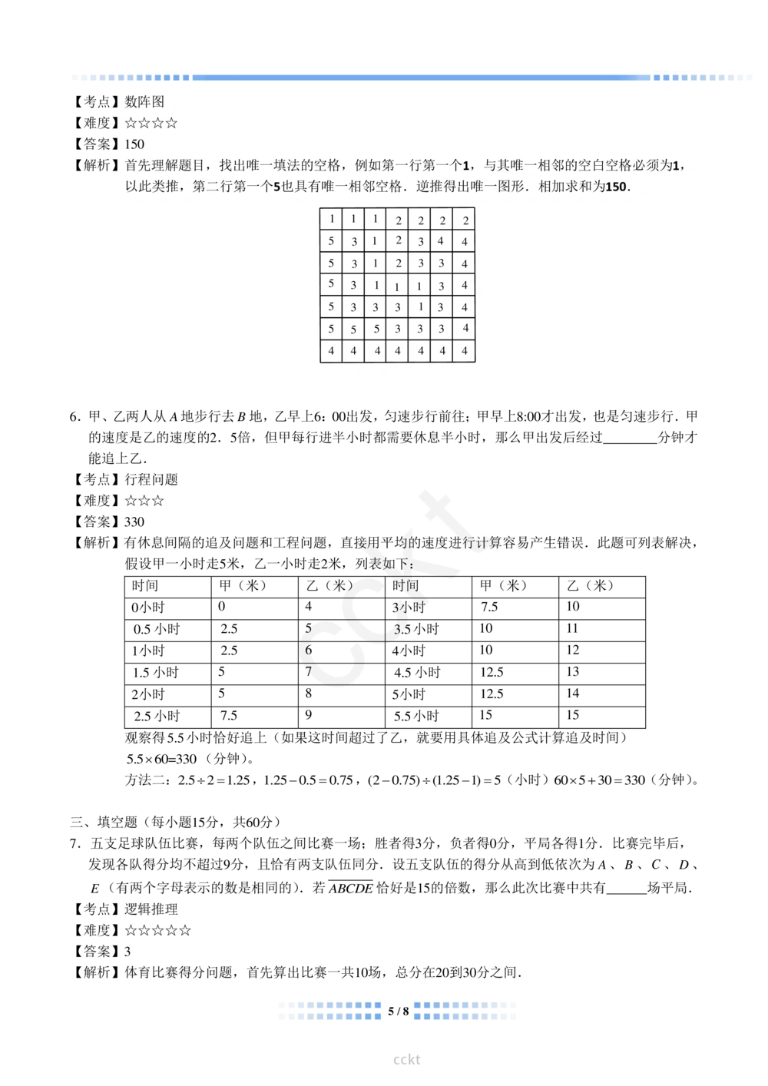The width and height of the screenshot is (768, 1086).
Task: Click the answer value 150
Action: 134,144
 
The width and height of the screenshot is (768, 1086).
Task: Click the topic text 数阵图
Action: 144,101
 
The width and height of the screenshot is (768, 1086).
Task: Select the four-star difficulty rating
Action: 151,123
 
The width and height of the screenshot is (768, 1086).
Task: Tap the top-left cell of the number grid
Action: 331,219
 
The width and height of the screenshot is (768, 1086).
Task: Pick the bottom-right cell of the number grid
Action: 465,351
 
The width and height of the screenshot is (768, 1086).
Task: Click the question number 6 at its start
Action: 74,416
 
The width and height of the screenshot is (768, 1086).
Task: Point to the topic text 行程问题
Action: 151,479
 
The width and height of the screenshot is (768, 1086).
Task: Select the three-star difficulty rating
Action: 144,501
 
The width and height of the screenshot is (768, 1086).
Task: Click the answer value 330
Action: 134,521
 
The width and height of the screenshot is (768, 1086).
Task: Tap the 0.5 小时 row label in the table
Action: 157,629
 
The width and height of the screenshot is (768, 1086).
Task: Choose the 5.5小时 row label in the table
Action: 416,716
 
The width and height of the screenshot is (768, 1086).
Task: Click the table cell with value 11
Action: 572,628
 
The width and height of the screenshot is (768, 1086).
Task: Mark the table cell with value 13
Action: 572,672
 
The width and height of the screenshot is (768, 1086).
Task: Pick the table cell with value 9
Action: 309,715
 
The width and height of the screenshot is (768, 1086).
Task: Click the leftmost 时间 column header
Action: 145,585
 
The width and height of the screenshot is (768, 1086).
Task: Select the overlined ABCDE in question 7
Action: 351,888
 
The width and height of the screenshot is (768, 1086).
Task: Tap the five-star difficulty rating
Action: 157,930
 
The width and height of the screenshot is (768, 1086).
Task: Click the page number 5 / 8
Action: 398,1011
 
